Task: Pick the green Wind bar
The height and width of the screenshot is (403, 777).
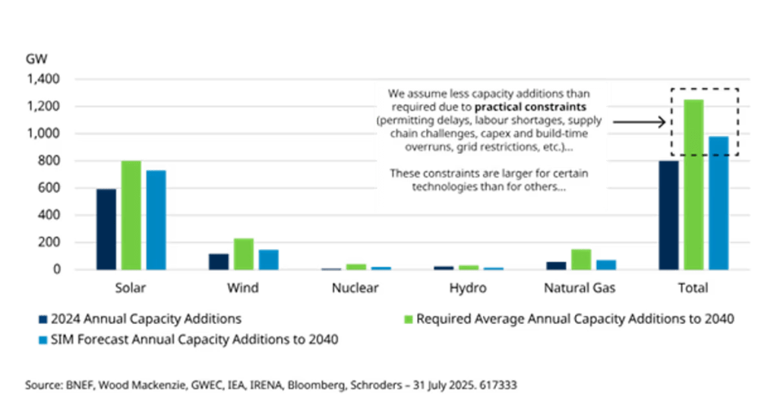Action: point(243,253)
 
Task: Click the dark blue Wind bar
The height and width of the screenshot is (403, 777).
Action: point(219,261)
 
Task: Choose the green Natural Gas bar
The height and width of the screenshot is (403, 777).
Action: point(581,258)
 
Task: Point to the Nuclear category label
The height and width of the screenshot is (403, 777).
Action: point(356,288)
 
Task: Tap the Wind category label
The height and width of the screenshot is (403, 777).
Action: point(242,288)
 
